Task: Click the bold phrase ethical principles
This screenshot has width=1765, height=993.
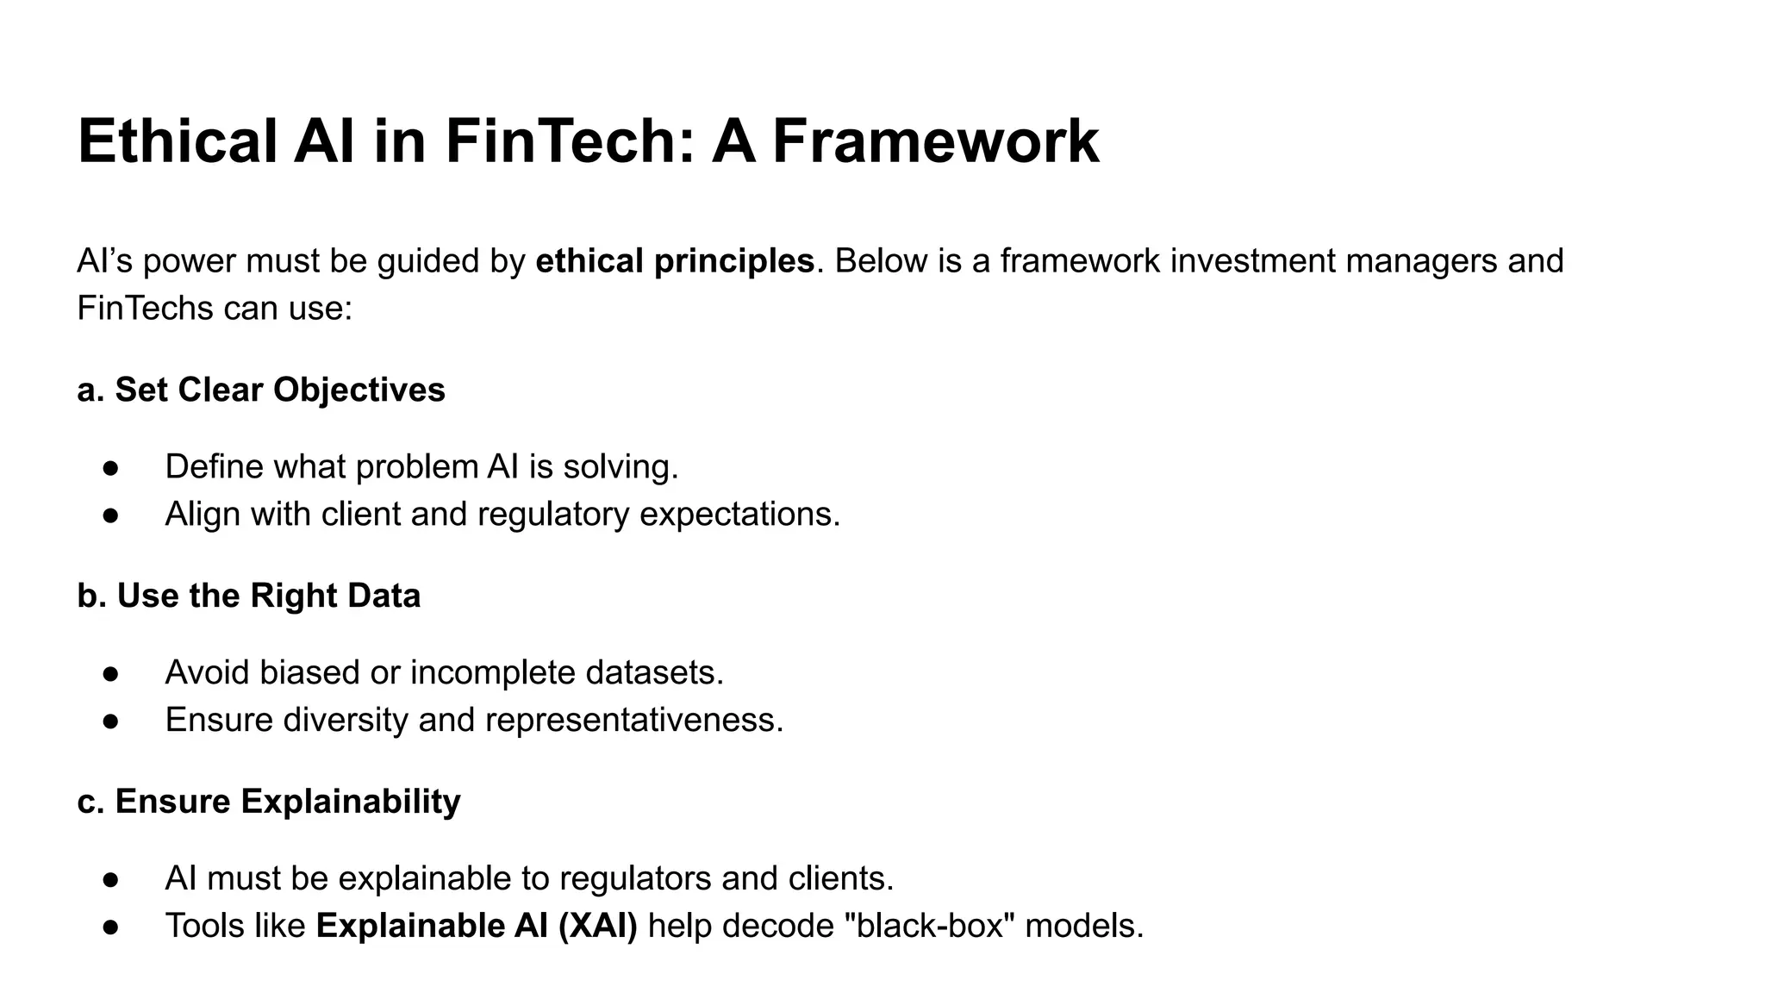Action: tap(675, 260)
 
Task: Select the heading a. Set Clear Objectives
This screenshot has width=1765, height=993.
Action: tap(261, 390)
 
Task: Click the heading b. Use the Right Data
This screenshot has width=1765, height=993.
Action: tap(249, 596)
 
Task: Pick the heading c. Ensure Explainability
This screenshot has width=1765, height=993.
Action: tap(269, 802)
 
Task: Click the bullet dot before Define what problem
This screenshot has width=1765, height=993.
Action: tap(110, 468)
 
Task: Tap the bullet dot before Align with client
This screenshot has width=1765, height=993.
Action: tap(110, 515)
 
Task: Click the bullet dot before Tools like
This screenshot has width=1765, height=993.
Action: tap(110, 927)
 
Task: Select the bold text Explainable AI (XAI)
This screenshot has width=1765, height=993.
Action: tap(477, 926)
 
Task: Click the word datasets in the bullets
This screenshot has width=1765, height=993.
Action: tap(654, 672)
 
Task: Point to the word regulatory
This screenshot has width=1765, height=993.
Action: tap(553, 515)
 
